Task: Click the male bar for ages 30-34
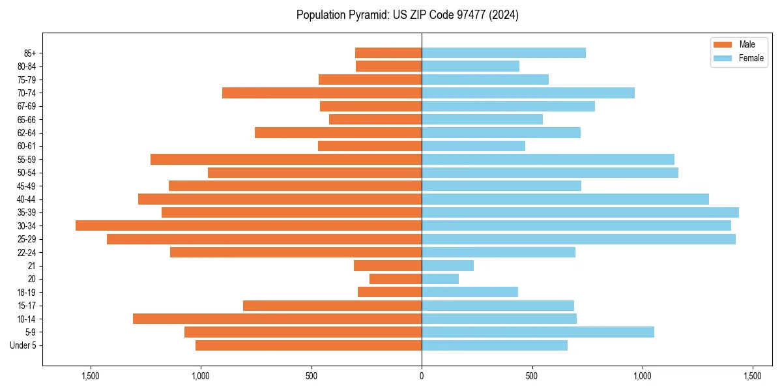point(248,225)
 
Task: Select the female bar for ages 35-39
point(580,212)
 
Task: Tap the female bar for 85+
point(504,53)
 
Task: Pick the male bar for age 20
point(396,279)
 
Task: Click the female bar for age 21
point(448,265)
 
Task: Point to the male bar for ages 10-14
point(277,319)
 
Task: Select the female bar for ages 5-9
point(538,332)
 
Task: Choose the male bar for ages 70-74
point(322,93)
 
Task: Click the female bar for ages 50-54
point(550,173)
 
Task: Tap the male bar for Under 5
point(308,345)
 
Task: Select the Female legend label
point(751,58)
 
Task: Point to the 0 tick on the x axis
point(422,376)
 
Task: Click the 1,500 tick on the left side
point(90,376)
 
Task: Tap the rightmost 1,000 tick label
point(643,376)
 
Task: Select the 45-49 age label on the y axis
point(27,186)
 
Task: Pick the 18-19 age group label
point(27,292)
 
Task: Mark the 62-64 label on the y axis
point(27,132)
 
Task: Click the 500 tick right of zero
point(532,376)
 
